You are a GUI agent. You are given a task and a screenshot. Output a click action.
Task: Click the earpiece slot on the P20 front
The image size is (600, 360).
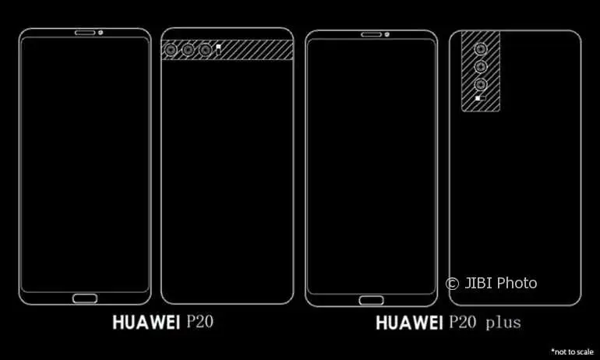coord(85,33)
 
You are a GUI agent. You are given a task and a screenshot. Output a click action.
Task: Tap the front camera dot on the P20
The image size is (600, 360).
coord(101,33)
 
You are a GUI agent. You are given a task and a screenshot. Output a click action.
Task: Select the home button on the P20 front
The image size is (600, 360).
coord(85,298)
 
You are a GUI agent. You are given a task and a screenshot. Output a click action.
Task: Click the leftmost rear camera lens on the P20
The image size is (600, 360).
coord(171,50)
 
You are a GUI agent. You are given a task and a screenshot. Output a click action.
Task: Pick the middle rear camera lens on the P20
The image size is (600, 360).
coord(188,50)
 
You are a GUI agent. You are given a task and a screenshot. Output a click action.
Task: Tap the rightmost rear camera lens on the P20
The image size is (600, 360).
coord(205,50)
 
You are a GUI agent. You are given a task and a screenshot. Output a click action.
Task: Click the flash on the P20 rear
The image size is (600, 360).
coord(218,50)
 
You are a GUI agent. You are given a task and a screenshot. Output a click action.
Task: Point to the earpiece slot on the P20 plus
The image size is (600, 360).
coord(372,35)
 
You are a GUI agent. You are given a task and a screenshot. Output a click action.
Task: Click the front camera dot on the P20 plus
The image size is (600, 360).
coord(387,35)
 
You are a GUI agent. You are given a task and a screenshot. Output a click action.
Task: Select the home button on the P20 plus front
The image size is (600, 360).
coord(372,300)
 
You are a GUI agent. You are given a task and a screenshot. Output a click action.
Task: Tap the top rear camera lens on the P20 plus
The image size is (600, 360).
coord(481,49)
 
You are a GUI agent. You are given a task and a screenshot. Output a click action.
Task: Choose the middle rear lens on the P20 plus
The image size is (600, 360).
coord(481,66)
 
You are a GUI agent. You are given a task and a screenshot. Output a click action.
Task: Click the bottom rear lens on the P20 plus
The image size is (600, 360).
coord(481,84)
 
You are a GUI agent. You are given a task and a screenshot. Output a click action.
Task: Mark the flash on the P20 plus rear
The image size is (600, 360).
coord(480,98)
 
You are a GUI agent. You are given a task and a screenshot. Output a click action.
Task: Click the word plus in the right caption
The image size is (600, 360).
coord(503,323)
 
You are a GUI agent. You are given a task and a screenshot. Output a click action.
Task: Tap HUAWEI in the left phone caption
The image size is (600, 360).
coord(146,323)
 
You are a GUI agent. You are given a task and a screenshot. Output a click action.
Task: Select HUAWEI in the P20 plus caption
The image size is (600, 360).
coord(409,323)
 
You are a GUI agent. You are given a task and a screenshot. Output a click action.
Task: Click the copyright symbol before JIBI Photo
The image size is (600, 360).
coord(452,284)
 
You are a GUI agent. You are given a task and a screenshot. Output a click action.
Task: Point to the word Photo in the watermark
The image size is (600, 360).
coord(517,283)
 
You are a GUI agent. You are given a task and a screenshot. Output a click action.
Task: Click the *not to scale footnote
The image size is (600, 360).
coord(573,351)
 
